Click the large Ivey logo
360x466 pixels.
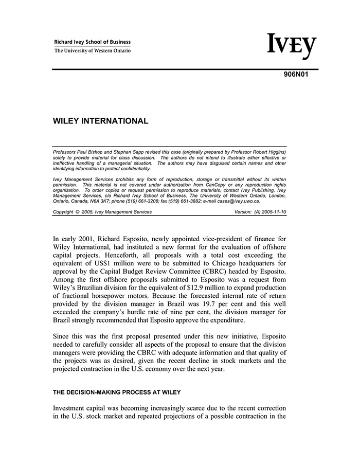point(291,47)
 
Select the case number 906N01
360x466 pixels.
point(297,74)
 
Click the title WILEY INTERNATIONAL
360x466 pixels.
point(101,121)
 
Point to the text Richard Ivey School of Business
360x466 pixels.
point(93,42)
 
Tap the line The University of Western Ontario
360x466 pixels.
point(93,50)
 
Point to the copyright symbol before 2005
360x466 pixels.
point(77,212)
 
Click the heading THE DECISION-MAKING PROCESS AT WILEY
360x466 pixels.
point(117,392)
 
